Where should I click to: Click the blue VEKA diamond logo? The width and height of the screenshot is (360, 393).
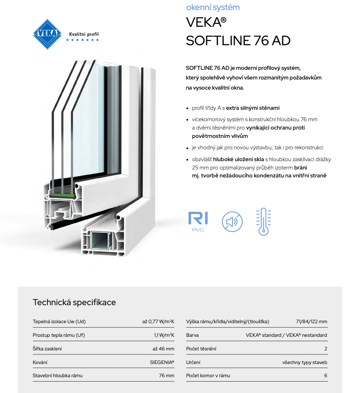tap(48, 34)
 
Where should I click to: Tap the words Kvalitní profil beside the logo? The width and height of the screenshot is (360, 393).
tap(84, 34)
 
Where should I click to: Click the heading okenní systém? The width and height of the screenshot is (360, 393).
tap(213, 7)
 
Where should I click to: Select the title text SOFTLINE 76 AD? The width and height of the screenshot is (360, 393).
tap(238, 40)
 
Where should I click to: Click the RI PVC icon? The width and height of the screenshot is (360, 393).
tap(198, 221)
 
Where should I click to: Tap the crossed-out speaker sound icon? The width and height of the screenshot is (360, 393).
tap(232, 221)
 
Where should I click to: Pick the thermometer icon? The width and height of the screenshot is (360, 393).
tap(263, 221)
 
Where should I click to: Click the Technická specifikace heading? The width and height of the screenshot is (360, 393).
tap(74, 302)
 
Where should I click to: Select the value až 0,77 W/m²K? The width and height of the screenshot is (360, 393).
tap(158, 321)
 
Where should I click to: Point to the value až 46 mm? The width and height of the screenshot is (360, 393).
tap(164, 349)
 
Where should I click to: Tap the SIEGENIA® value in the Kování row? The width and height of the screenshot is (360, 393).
tap(162, 362)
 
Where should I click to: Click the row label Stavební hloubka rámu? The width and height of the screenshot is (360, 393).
tap(58, 375)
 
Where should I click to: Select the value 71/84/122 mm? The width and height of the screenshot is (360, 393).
tap(312, 321)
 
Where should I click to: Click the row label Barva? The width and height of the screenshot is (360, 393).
tap(193, 335)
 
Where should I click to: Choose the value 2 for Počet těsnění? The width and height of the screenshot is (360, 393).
tap(326, 349)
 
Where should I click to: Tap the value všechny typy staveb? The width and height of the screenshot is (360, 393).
tap(305, 362)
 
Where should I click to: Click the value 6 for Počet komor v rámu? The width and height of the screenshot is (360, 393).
tap(326, 375)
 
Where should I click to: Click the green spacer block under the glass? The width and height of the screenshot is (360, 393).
tap(62, 193)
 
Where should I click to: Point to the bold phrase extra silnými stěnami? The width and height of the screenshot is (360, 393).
tap(253, 108)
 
